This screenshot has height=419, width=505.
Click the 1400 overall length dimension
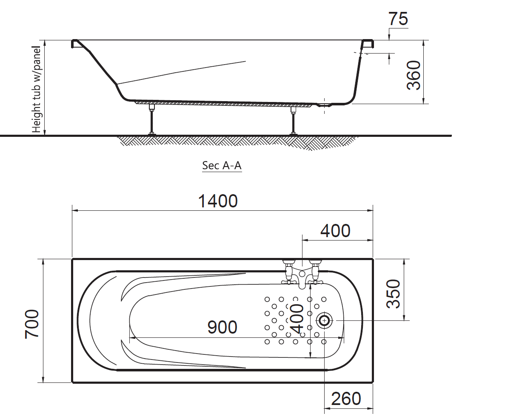[x=218, y=201]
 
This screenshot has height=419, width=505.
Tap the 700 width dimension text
[x=32, y=324]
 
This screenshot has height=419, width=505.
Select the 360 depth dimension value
[x=414, y=75]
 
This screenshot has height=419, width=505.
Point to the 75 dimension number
[x=398, y=19]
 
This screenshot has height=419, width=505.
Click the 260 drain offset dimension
[x=346, y=399]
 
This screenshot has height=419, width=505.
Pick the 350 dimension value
[x=393, y=294]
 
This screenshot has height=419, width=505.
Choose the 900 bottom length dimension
[x=222, y=327]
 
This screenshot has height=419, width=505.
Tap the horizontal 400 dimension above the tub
[x=335, y=231]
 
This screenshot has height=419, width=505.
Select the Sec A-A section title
[x=222, y=165]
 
